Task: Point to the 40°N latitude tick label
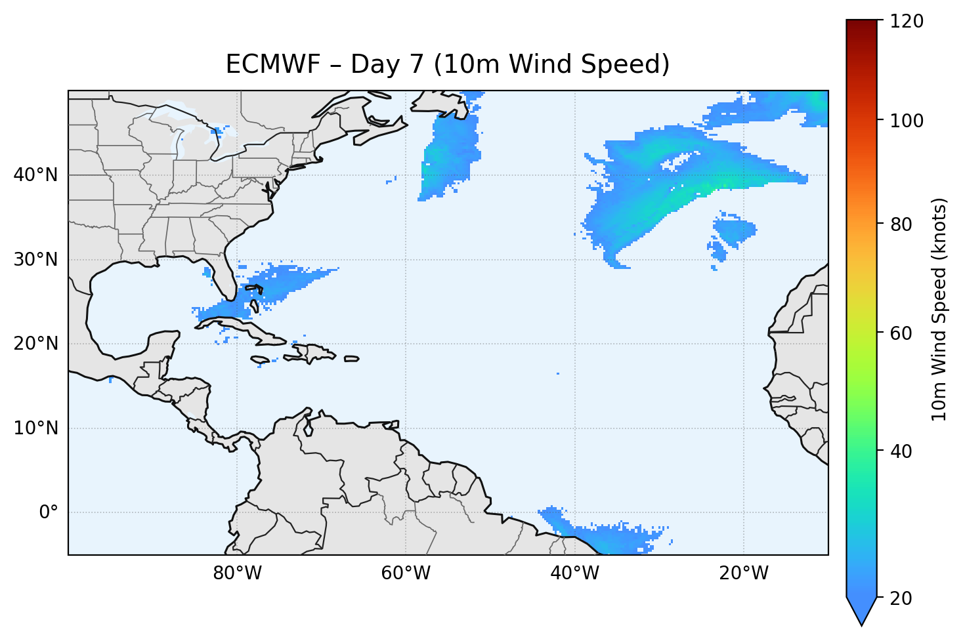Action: tap(35, 175)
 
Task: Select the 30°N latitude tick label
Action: tap(35, 260)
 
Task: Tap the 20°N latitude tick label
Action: tap(35, 344)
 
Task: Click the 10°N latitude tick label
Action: tap(35, 428)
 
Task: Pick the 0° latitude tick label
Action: tap(48, 512)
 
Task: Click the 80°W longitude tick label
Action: tap(237, 573)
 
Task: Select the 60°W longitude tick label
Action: tap(406, 573)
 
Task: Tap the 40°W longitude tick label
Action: tap(574, 573)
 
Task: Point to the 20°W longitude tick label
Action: tap(743, 573)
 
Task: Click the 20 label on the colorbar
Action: tap(901, 598)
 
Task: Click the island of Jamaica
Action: tap(261, 360)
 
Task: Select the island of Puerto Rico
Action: tap(352, 359)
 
